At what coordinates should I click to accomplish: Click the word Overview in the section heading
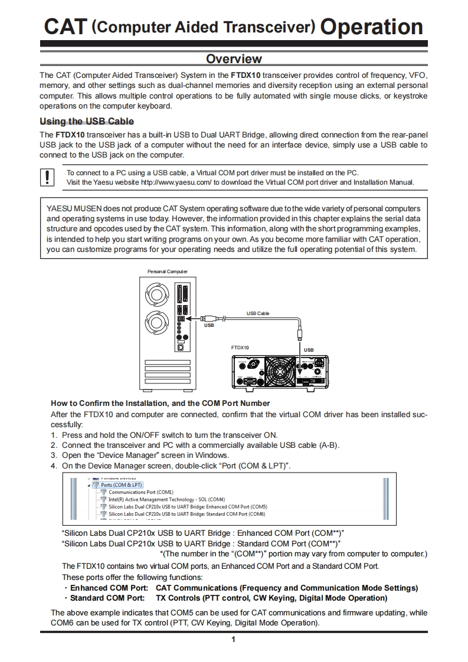pos(234,58)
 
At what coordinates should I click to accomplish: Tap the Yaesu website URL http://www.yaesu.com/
pos(176,182)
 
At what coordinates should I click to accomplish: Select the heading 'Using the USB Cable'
pos(87,122)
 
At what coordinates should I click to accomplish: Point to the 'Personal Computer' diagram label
pos(167,271)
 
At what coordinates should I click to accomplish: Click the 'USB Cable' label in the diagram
pos(257,313)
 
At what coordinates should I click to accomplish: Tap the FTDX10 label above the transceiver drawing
pos(240,348)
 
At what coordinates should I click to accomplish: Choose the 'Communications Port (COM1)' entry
pos(140,492)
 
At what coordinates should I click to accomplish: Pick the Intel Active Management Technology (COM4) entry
pos(158,499)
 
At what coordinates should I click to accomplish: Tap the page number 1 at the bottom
pos(234,640)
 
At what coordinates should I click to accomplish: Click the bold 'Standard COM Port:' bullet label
pos(107,598)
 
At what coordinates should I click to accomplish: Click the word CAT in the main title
pos(66,27)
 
